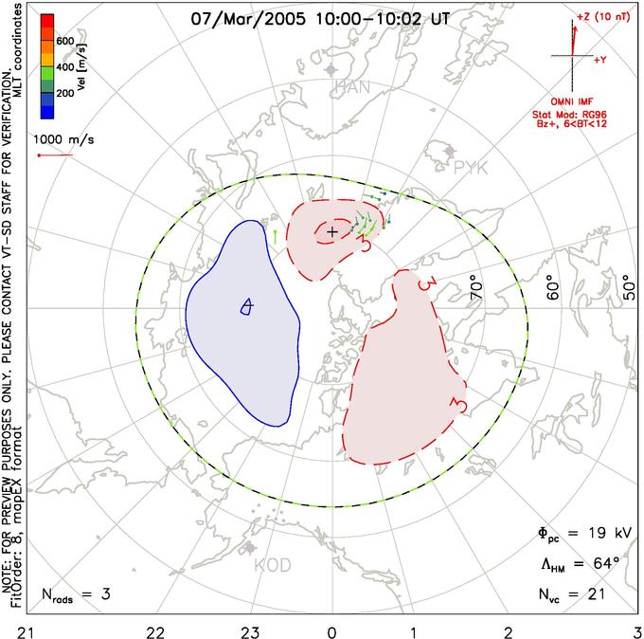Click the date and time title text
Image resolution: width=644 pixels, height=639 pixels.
pyautogui.click(x=320, y=18)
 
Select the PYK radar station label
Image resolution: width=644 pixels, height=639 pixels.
pyautogui.click(x=471, y=167)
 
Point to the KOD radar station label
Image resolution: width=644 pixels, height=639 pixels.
pyautogui.click(x=273, y=566)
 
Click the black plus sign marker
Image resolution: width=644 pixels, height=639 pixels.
pyautogui.click(x=331, y=230)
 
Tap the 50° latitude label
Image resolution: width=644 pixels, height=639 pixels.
pyautogui.click(x=627, y=288)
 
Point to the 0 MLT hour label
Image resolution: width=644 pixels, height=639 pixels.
pyautogui.click(x=331, y=628)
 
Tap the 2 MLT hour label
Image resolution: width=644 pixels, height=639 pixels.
pyautogui.click(x=508, y=628)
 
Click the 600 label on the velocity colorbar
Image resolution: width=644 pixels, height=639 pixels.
pyautogui.click(x=64, y=41)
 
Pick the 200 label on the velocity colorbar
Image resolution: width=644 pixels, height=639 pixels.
pyautogui.click(x=64, y=95)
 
